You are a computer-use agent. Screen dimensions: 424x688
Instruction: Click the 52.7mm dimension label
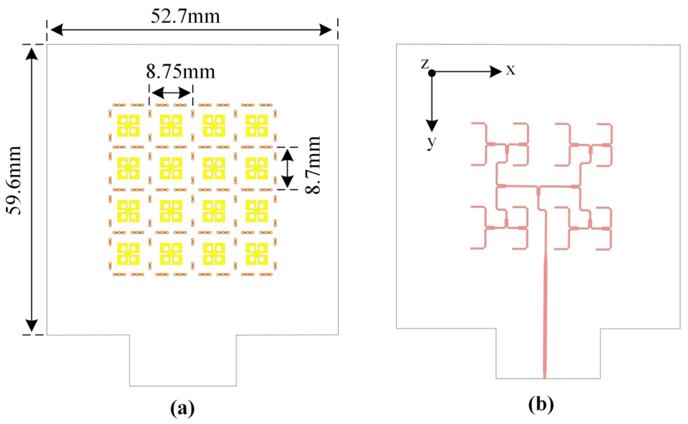coord(185,17)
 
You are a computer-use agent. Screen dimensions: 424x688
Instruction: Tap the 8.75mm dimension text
coord(180,72)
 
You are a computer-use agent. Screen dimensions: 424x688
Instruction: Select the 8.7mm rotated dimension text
coord(312,165)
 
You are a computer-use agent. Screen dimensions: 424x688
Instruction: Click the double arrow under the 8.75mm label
coord(171,93)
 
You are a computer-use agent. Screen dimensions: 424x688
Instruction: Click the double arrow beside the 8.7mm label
coord(287,168)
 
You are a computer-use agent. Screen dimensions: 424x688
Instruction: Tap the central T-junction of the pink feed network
coord(539,186)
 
